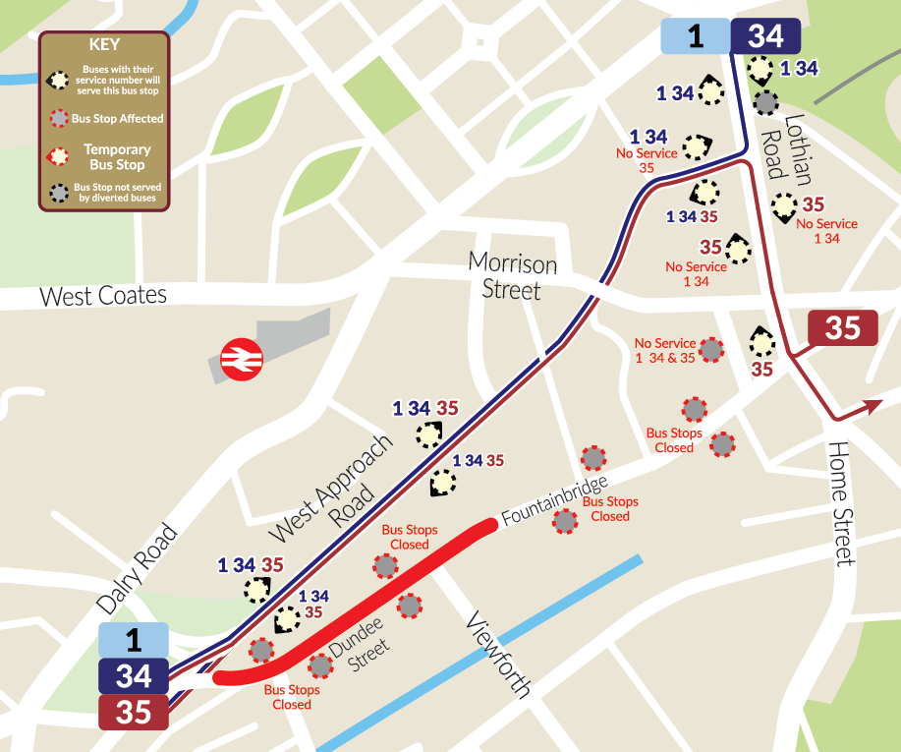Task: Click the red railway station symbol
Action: coord(239,360)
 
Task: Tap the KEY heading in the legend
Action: coord(104,45)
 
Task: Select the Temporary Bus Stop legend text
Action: coord(117,157)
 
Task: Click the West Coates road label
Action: coord(103,296)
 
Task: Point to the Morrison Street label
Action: coord(512,276)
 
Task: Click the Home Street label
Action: coord(843,502)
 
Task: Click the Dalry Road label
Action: coord(138,571)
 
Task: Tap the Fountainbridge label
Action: coord(555,499)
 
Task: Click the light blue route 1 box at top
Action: coord(696,36)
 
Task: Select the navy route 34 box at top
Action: coord(765,36)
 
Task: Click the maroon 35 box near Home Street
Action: coord(842,328)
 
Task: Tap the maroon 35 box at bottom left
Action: coord(134,712)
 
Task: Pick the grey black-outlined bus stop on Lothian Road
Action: coord(765,101)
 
